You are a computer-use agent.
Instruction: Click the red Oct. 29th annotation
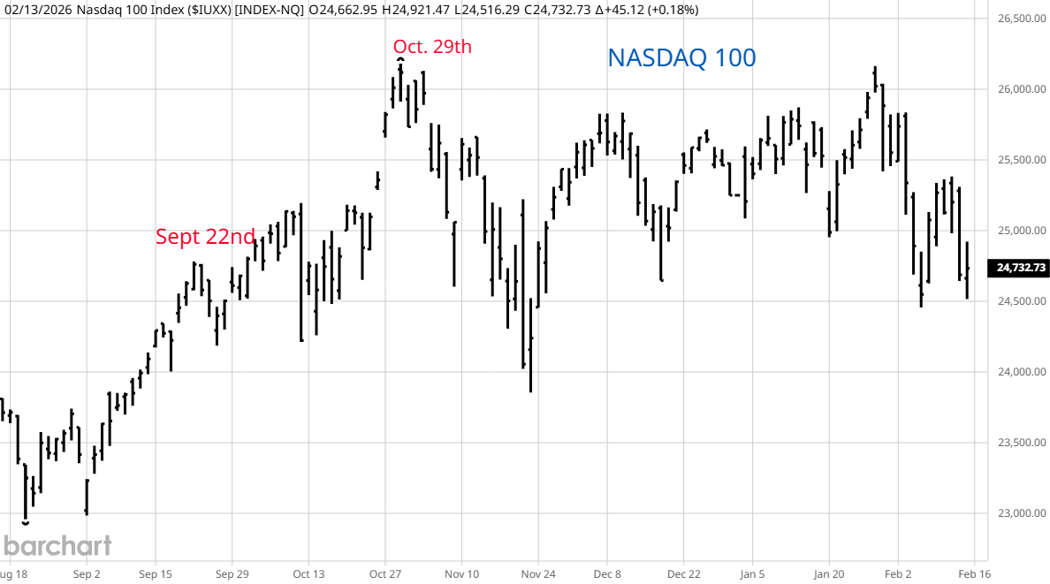pos(433,47)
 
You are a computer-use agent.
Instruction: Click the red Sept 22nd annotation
pos(205,236)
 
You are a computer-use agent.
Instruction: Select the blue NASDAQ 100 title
pos(681,57)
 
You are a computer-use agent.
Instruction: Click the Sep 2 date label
pos(87,573)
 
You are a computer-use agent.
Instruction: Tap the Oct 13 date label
pos(308,573)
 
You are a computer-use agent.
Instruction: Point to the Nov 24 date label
pos(537,573)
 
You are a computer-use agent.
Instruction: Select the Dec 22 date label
pos(683,573)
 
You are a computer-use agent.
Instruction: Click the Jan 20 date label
pos(829,573)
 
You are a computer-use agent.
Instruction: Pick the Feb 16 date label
pos(973,573)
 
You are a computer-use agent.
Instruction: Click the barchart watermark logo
pos(57,545)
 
